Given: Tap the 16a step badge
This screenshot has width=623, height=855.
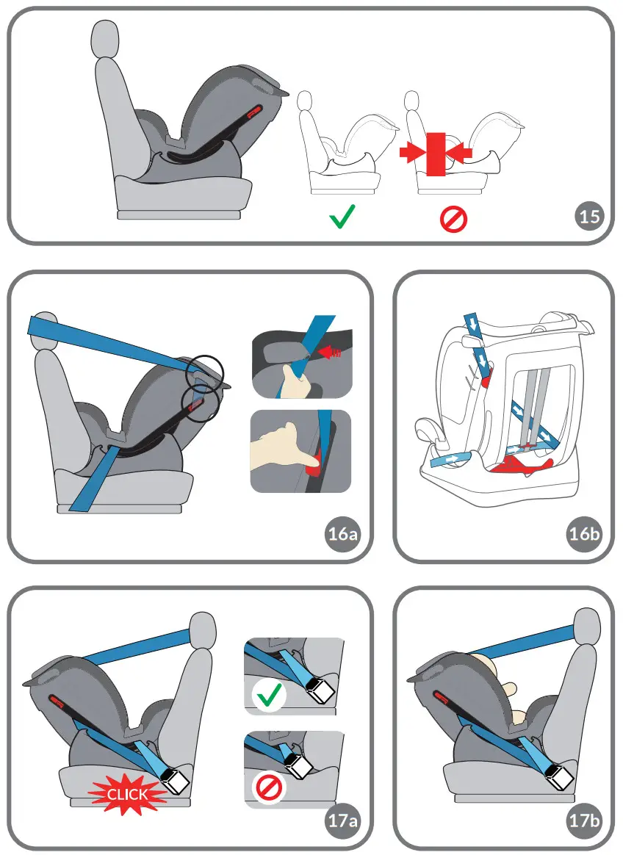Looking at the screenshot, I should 342,534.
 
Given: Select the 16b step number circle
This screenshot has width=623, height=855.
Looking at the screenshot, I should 585,534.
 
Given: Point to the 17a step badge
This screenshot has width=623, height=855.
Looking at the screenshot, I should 342,820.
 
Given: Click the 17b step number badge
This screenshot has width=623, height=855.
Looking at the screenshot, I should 585,820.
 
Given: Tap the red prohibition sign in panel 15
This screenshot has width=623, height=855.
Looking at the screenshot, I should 453,219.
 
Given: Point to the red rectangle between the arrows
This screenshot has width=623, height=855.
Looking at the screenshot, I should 436,154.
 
